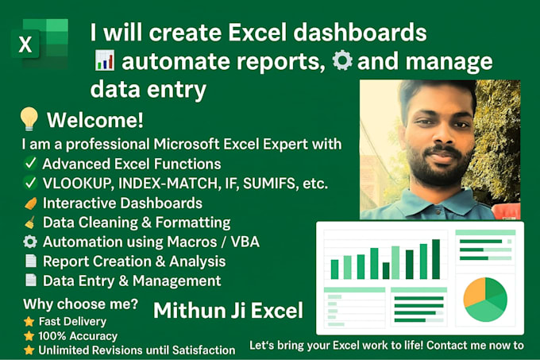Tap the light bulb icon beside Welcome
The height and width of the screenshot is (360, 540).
(29, 121)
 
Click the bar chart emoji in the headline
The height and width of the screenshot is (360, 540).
(103, 62)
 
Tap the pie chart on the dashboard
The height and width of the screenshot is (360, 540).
(485, 299)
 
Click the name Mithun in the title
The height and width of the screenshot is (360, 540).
(185, 310)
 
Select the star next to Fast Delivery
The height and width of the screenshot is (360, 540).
(29, 322)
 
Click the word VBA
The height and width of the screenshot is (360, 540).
(243, 242)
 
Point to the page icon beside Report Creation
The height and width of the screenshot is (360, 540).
(29, 261)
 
